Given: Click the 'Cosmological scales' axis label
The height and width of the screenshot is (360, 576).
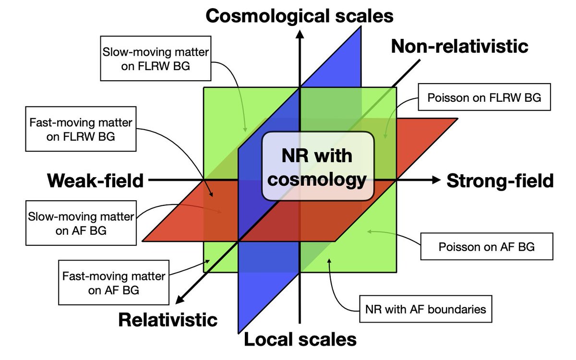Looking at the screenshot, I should click(x=300, y=15).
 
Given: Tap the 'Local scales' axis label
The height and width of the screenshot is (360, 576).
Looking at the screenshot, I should click(x=300, y=340).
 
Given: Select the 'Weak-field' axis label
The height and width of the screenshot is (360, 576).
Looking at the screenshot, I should click(x=95, y=180).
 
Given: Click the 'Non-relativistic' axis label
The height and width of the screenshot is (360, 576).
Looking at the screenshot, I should click(x=459, y=46).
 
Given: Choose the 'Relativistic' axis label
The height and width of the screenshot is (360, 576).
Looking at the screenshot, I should click(x=168, y=320).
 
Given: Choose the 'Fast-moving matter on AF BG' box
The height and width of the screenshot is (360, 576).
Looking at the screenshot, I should click(x=114, y=283).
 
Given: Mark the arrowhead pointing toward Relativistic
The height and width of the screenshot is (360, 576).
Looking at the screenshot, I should click(x=179, y=300).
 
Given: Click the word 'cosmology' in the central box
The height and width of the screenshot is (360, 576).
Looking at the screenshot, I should click(x=317, y=180).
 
